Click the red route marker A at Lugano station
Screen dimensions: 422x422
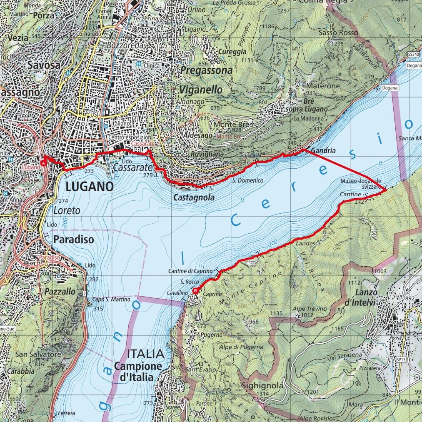pyautogui.click(x=44, y=164)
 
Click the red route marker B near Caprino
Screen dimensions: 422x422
pyautogui.click(x=196, y=291)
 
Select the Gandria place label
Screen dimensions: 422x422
pyautogui.click(x=322, y=151)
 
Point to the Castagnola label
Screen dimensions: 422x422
pyautogui.click(x=194, y=198)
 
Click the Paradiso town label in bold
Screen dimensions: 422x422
pyautogui.click(x=74, y=240)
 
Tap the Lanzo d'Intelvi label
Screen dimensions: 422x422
pyautogui.click(x=367, y=297)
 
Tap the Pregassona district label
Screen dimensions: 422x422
pyautogui.click(x=206, y=71)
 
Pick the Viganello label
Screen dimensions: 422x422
pyautogui.click(x=201, y=90)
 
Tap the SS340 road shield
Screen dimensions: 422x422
pyautogui.click(x=412, y=55)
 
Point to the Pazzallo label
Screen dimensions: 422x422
pyautogui.click(x=61, y=291)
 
